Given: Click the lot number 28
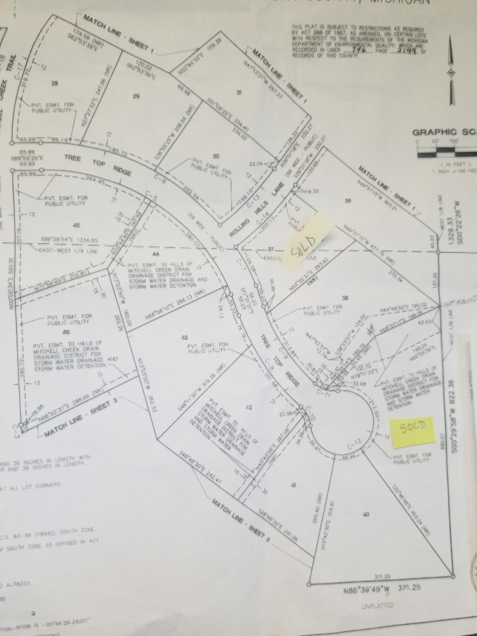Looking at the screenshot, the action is [x=55, y=84].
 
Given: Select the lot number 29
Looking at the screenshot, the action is [x=136, y=96].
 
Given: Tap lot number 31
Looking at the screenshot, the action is [x=239, y=93].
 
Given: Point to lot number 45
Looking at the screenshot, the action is [x=76, y=225].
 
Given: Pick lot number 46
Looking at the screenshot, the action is [x=66, y=332].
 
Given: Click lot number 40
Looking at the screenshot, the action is [x=366, y=514].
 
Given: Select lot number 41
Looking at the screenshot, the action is [x=294, y=485].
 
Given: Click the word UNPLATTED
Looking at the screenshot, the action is [x=377, y=605].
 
